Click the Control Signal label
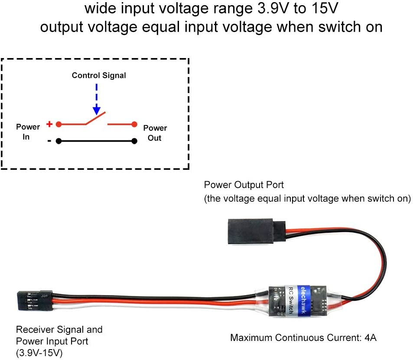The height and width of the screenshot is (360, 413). pos(99,75)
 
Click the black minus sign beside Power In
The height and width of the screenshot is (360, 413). pos(49,140)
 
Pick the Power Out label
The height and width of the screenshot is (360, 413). pos(155,133)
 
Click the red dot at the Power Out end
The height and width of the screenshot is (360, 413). pos(134,124)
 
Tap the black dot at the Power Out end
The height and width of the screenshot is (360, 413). pos(134,141)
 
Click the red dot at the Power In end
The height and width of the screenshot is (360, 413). pos(59,124)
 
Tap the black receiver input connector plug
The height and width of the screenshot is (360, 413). pos(35,300)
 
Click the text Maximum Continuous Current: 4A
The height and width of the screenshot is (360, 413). pos(303,337)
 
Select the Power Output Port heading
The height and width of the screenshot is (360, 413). pos(244,185)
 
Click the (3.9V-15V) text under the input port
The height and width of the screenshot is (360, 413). pos(39,353)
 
